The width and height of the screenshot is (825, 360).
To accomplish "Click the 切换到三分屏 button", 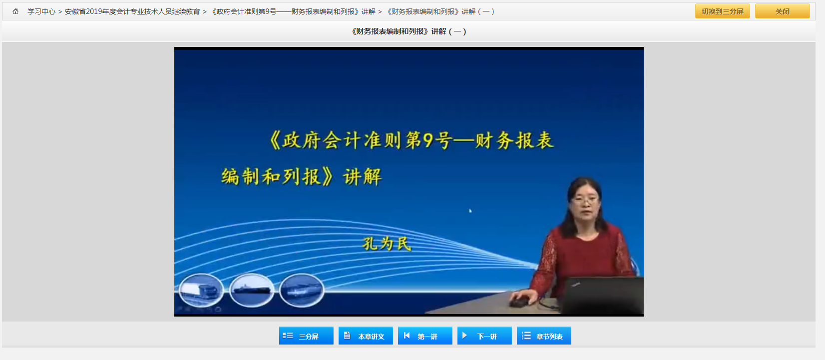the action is pos(722,11).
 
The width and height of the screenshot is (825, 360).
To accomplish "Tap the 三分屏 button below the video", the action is pos(306,336).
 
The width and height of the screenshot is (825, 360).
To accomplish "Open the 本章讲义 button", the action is pos(366,336).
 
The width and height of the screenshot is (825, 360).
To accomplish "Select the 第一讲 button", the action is pos(425,336).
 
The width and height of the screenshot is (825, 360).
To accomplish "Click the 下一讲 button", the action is pos(484,336).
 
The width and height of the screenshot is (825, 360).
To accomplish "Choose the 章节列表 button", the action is pos(544,336).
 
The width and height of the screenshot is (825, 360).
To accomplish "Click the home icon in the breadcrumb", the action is pos(15,11).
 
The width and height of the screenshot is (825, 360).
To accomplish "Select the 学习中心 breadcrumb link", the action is pos(41,12).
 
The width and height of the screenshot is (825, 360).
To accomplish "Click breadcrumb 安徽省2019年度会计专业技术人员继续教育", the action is pos(132,12).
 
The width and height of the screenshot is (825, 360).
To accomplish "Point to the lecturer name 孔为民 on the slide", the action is pos(387,244).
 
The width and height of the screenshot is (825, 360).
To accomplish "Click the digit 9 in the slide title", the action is pos(428,140).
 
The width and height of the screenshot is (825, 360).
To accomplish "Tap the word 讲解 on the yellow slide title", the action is pos(362,177).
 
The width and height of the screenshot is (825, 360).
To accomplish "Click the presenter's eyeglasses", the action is pos(584,201).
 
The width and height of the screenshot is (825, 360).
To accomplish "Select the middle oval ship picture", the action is pos(252,290).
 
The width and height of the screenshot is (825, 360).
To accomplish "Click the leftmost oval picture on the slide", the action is pos(201,290).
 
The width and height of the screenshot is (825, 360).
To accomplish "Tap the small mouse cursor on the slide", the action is pos(470,211).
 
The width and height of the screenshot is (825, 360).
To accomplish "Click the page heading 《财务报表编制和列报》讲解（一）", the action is pos(409,31).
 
